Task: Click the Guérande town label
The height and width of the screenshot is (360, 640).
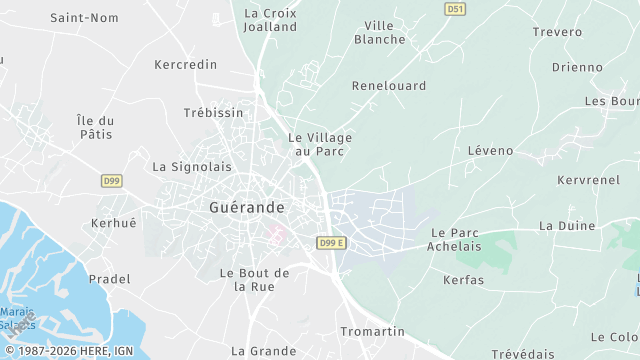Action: (247, 207)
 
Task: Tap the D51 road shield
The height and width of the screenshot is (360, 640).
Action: (455, 8)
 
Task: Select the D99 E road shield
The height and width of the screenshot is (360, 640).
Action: (331, 243)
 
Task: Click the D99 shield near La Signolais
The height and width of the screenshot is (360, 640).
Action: (112, 181)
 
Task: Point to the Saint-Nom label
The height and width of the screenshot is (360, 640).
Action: (84, 18)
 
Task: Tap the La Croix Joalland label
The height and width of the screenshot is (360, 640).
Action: (271, 20)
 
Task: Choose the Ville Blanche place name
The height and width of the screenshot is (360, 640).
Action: (380, 32)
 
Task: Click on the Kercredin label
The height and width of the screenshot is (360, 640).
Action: (186, 64)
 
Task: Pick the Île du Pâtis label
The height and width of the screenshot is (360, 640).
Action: (96, 127)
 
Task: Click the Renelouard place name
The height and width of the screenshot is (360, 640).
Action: (389, 86)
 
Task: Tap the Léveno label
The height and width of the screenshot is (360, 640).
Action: (490, 151)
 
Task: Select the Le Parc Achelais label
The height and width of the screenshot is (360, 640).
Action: (456, 239)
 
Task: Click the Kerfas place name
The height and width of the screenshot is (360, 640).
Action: (463, 280)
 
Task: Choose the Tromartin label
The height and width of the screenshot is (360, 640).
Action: (372, 331)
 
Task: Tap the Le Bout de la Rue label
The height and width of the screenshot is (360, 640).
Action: (254, 279)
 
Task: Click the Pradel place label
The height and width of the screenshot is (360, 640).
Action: (109, 279)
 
